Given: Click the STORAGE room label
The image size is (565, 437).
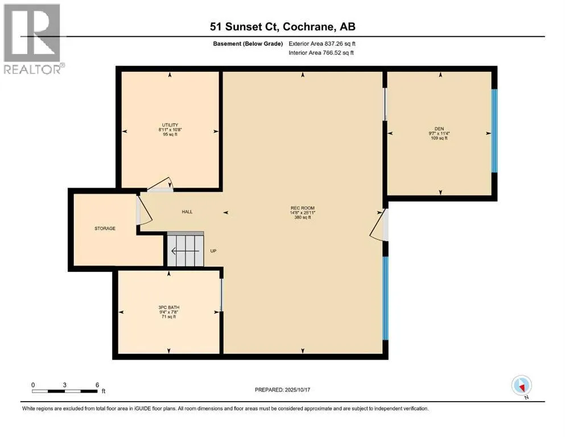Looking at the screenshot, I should point(105,229).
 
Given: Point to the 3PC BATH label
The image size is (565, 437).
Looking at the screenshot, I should point(169,307).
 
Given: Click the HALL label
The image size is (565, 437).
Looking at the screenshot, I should point(187,212).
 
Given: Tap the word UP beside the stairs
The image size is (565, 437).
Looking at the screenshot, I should point(213,251).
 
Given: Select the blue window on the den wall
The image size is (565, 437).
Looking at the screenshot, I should point(494,130).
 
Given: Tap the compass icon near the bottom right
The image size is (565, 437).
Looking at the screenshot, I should point(521,386).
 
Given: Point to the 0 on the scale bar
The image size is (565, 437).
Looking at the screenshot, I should point(33,385).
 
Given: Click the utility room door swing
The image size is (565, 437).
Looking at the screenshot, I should point(160,186).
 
